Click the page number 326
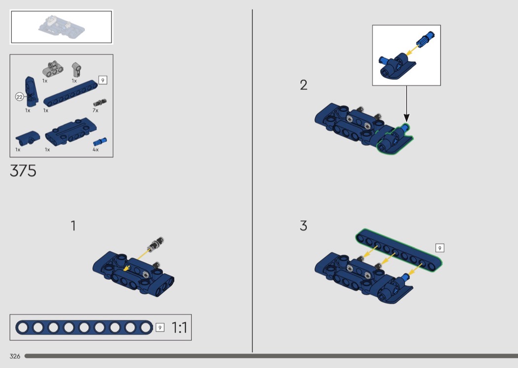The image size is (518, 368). pos(15,356)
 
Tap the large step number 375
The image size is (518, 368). pos(23,171)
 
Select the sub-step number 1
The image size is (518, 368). pos(73,226)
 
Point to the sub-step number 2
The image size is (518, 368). pos(303,85)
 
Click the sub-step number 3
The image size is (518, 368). pos(303,226)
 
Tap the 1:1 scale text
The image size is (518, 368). pos(179,328)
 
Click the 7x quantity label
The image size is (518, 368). pos(95,110)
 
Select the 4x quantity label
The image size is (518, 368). pos(95,149)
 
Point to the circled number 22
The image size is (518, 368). pos(19,97)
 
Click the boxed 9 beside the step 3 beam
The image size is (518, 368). pos(440,248)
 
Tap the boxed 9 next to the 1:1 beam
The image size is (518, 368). pos(160,327)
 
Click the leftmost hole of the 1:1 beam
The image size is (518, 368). pos(23,327)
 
